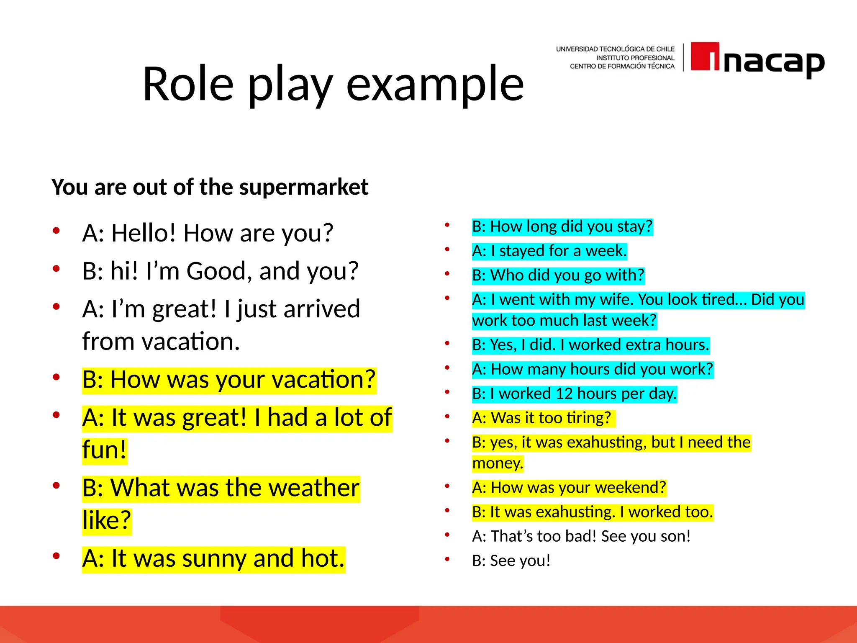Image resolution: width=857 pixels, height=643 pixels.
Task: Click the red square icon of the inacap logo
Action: point(705,56)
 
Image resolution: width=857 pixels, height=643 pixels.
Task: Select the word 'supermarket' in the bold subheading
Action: point(304,187)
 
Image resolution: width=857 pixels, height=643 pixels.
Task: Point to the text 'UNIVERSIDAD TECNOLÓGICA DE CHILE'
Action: point(615,49)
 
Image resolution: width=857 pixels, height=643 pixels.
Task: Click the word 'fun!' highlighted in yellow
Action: point(104,450)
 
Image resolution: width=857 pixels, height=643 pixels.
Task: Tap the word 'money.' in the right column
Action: point(498,463)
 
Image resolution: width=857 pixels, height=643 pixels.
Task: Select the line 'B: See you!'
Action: point(511,561)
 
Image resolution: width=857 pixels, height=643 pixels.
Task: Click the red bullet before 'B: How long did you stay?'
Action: point(447,225)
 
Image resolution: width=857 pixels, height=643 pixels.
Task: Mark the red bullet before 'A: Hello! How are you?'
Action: point(56,231)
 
